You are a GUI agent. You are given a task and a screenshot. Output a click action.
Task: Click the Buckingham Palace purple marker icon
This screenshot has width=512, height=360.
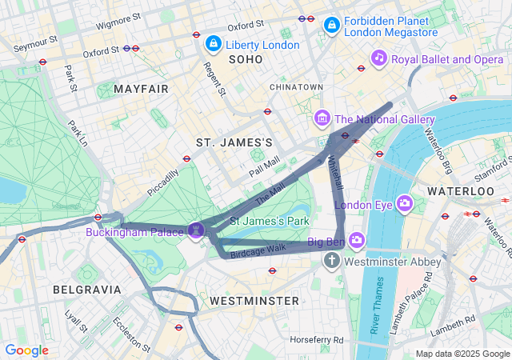point(197,230)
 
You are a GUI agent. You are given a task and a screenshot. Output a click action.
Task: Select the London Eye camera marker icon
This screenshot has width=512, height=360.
point(404,203)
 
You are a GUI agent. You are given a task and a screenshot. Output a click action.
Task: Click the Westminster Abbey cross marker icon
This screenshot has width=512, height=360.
point(332,261)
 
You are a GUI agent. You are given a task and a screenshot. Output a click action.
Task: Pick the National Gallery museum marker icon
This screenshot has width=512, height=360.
point(322,119)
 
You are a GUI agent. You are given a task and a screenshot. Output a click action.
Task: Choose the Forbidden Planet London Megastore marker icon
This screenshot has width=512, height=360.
point(331,26)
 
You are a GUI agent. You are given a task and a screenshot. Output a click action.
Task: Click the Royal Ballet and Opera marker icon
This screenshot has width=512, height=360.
point(379,58)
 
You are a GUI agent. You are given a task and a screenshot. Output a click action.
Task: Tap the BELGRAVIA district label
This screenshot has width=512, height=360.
point(86,289)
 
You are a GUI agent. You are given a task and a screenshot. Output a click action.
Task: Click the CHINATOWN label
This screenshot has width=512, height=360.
point(296,86)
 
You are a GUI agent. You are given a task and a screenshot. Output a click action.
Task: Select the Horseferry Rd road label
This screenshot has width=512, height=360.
point(316,340)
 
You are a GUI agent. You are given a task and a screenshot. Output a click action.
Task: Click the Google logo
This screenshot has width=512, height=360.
point(27,350)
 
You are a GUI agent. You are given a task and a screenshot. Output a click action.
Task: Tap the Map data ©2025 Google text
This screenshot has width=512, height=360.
point(462,354)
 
